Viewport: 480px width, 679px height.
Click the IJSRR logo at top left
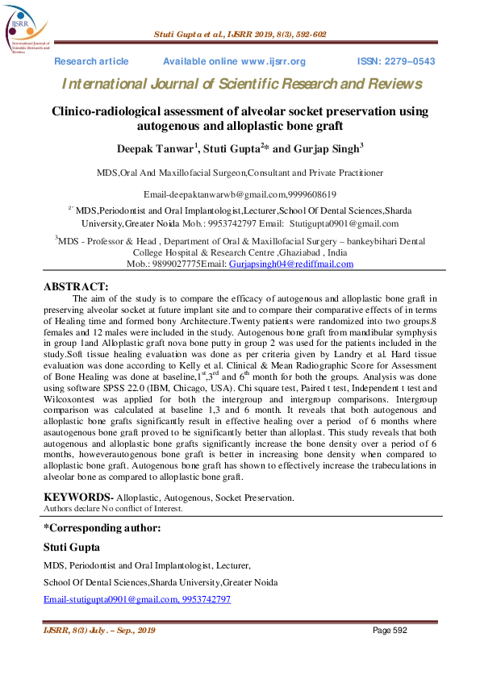[x=27, y=30]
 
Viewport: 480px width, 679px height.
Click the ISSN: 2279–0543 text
[x=395, y=62]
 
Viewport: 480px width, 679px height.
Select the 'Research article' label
[x=91, y=62]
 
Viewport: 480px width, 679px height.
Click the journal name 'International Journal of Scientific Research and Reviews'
[x=241, y=84]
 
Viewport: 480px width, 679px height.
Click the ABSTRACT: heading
[x=75, y=286]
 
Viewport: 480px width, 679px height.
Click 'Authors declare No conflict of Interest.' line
[x=113, y=509]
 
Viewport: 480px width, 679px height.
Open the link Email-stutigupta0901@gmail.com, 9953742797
[x=136, y=599]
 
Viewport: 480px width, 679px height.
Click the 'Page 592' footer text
[x=393, y=630]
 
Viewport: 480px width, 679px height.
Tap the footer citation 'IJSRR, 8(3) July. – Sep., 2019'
[x=98, y=630]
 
